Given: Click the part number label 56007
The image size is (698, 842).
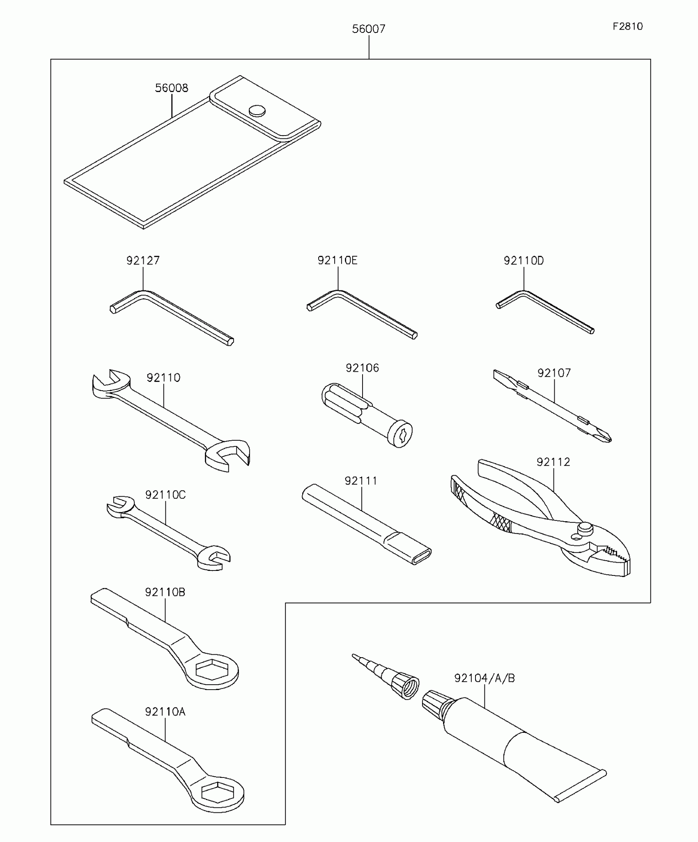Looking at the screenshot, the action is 368,29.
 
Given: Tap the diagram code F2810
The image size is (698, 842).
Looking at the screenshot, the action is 627,27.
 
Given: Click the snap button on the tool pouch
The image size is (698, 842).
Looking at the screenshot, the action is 257,110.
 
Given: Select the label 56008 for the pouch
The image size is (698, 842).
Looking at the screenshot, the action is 171,88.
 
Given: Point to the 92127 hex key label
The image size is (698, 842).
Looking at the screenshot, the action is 143,260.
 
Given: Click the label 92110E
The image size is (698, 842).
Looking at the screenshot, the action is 338,260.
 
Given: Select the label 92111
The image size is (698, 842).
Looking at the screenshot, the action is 361,481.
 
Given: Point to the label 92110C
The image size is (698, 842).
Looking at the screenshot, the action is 165,495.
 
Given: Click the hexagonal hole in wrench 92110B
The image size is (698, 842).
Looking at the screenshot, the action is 211,670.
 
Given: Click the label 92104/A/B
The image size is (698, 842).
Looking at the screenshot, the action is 484,678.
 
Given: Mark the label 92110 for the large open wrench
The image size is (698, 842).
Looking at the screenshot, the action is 163,378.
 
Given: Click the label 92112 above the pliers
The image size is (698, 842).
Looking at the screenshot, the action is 553,462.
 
